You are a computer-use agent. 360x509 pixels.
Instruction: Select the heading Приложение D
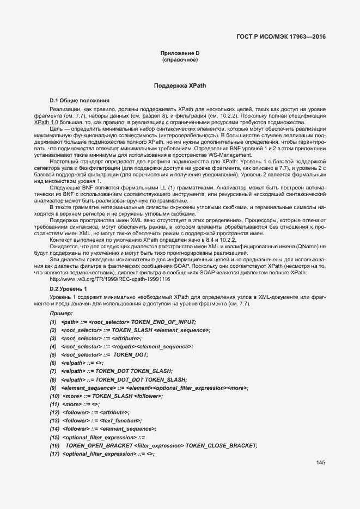[x=180, y=53]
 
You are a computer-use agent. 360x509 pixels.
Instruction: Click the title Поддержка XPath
[x=180, y=86]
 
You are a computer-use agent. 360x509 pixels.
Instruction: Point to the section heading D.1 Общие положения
[x=80, y=101]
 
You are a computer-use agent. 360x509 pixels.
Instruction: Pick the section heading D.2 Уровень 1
[x=69, y=288]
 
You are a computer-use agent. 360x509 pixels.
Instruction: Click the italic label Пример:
[x=61, y=314]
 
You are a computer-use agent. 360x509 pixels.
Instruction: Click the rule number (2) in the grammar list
[x=53, y=330]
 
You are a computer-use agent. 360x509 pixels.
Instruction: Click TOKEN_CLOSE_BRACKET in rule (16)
[x=221, y=445]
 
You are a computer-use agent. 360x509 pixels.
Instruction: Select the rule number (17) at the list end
[x=54, y=453]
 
